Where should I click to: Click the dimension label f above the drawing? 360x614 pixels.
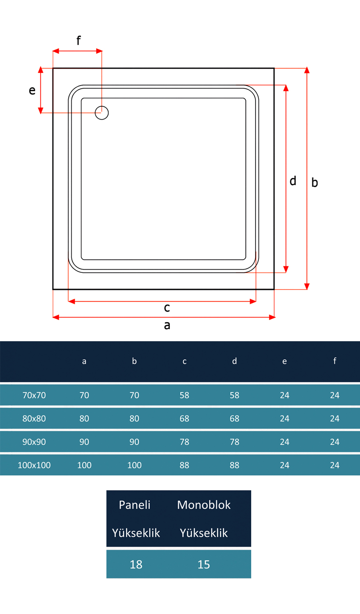point(78,40)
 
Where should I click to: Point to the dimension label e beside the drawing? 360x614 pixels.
point(32,90)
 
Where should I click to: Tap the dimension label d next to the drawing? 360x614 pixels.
point(293,181)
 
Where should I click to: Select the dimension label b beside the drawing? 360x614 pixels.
point(314,182)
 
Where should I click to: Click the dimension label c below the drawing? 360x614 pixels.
point(167,308)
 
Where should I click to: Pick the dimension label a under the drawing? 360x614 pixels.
point(167,325)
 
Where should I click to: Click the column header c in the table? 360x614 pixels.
point(184,361)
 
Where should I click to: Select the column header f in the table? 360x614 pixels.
point(334,361)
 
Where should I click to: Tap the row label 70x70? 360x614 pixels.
point(34,395)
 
